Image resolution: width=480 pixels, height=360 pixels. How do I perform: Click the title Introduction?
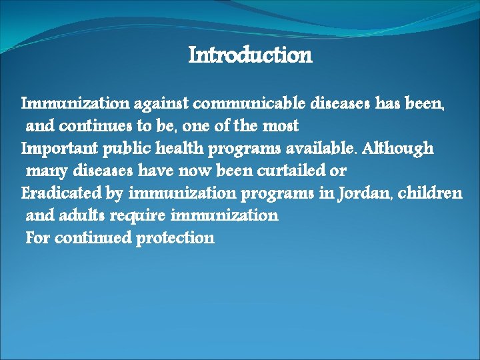click(250, 55)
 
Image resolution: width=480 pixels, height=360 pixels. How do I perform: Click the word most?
click(280, 126)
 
